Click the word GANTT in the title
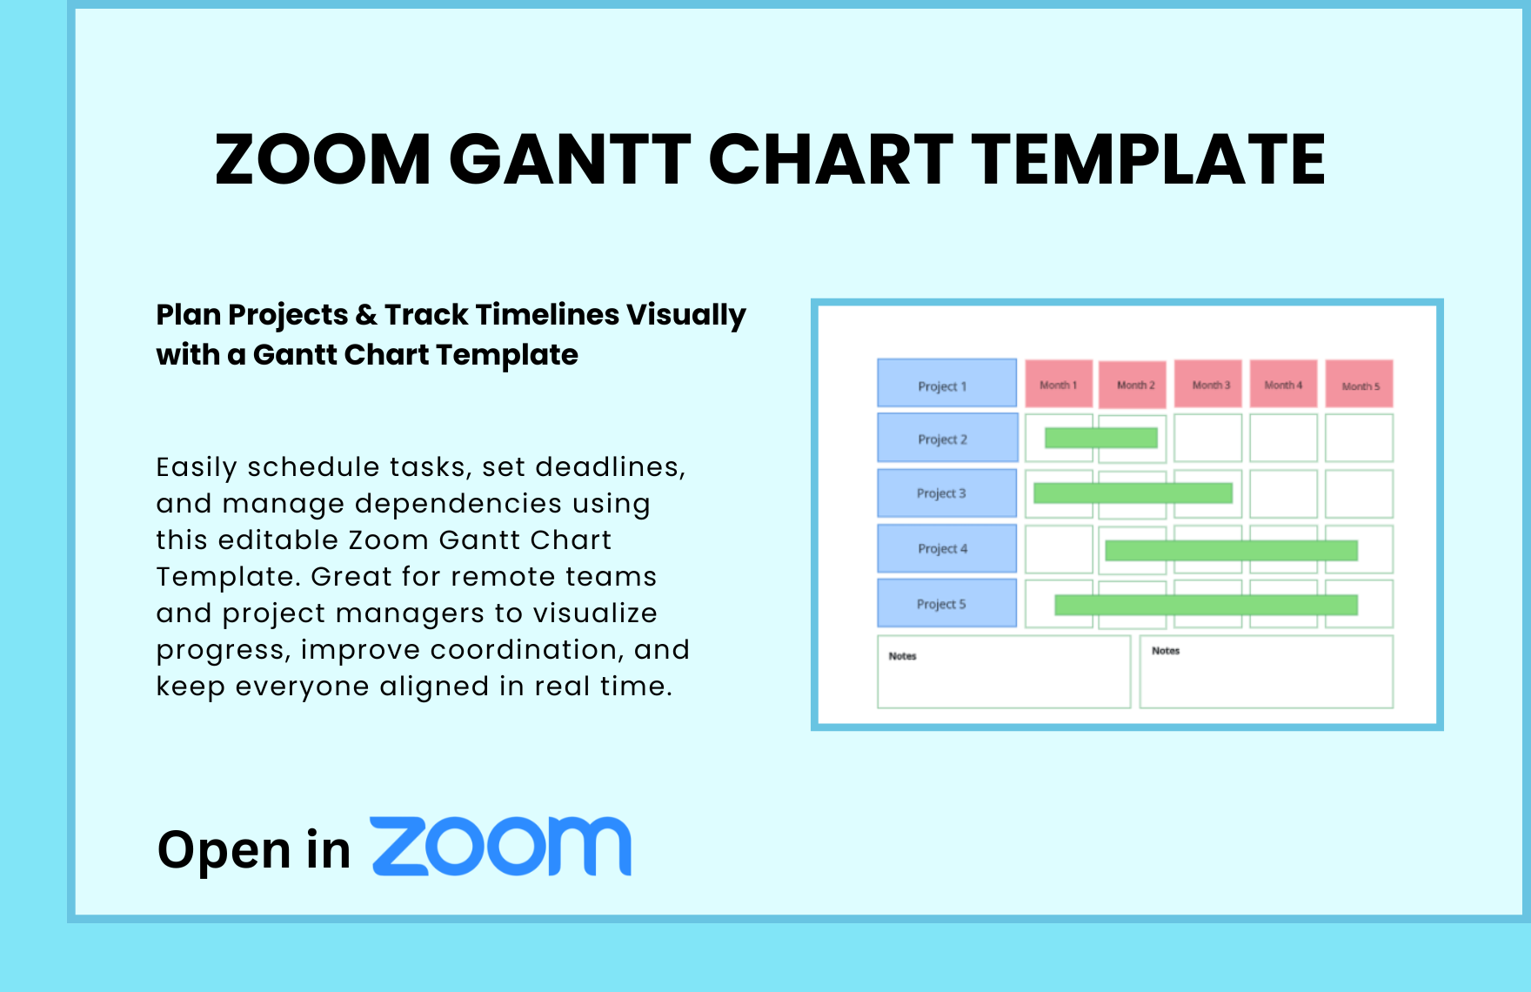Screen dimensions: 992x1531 [569, 160]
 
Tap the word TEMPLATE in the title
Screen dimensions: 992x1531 [1147, 160]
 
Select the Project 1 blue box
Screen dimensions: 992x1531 [946, 384]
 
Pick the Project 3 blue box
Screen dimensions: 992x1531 [946, 493]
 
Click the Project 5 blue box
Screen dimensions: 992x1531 [946, 603]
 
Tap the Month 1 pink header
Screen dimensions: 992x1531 [1059, 384]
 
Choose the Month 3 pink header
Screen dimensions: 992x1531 [1209, 384]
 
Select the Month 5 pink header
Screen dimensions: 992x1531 [1359, 384]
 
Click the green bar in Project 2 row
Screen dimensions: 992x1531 [1100, 438]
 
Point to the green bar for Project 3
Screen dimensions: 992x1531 [1133, 493]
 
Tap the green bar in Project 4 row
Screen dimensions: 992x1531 [1231, 550]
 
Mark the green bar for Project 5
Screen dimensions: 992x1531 [1206, 605]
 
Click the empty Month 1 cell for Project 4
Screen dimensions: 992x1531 [1059, 549]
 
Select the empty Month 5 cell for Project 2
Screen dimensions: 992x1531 [1359, 438]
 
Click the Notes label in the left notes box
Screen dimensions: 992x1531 [902, 656]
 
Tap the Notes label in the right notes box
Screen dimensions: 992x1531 [1166, 651]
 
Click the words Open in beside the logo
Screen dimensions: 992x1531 [253, 850]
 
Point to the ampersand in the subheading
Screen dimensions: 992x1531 [365, 315]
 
